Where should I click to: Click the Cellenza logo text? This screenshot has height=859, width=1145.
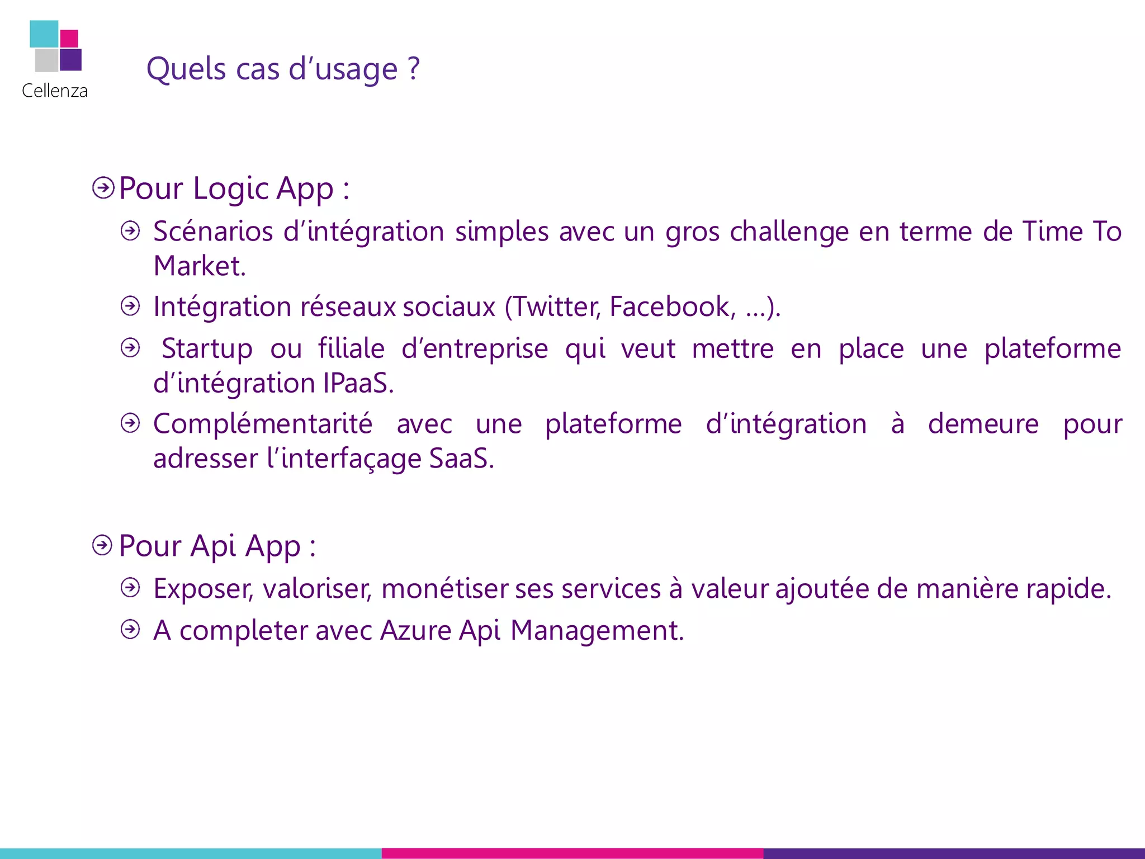pyautogui.click(x=55, y=91)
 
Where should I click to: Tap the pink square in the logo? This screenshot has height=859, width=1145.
pyautogui.click(x=69, y=39)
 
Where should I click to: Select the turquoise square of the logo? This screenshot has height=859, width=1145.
pyautogui.click(x=44, y=34)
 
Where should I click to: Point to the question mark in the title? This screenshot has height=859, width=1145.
pyautogui.click(x=413, y=68)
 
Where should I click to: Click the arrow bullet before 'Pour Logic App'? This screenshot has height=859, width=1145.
pyautogui.click(x=103, y=188)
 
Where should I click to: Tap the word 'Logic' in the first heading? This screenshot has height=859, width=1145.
pyautogui.click(x=230, y=189)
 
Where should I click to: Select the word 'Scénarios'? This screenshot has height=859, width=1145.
pyautogui.click(x=213, y=232)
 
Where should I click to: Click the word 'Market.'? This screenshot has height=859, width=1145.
pyautogui.click(x=200, y=266)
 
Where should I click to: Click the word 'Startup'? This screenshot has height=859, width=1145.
pyautogui.click(x=207, y=348)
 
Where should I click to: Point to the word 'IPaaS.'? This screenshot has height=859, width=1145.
pyautogui.click(x=358, y=383)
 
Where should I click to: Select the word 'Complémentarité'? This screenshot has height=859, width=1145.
pyautogui.click(x=263, y=424)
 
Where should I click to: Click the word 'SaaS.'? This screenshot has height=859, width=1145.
pyautogui.click(x=461, y=459)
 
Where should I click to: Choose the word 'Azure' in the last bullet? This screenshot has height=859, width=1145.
pyautogui.click(x=415, y=631)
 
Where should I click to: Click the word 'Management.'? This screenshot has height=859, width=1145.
pyautogui.click(x=597, y=631)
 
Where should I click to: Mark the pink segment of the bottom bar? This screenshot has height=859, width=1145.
pyautogui.click(x=572, y=853)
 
